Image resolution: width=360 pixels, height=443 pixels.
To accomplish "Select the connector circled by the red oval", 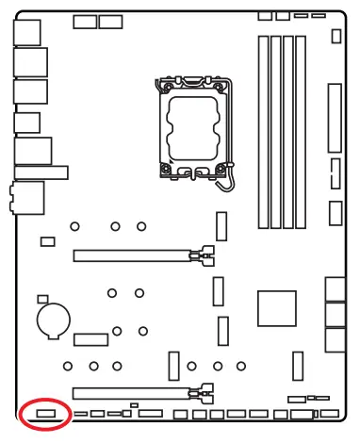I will [x=46, y=412].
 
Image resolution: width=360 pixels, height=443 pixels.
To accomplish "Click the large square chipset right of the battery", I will [x=277, y=308].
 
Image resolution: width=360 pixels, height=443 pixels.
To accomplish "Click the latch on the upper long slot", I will [x=202, y=254].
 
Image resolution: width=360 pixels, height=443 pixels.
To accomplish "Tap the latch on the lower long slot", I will [x=202, y=391].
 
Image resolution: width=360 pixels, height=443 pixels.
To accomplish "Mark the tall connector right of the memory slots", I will [x=333, y=118].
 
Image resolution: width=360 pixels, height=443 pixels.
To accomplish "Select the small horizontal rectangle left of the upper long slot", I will [x=48, y=242].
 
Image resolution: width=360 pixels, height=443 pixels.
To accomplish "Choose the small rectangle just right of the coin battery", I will [x=91, y=338].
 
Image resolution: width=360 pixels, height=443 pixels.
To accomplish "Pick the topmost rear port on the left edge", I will [x=27, y=33].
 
